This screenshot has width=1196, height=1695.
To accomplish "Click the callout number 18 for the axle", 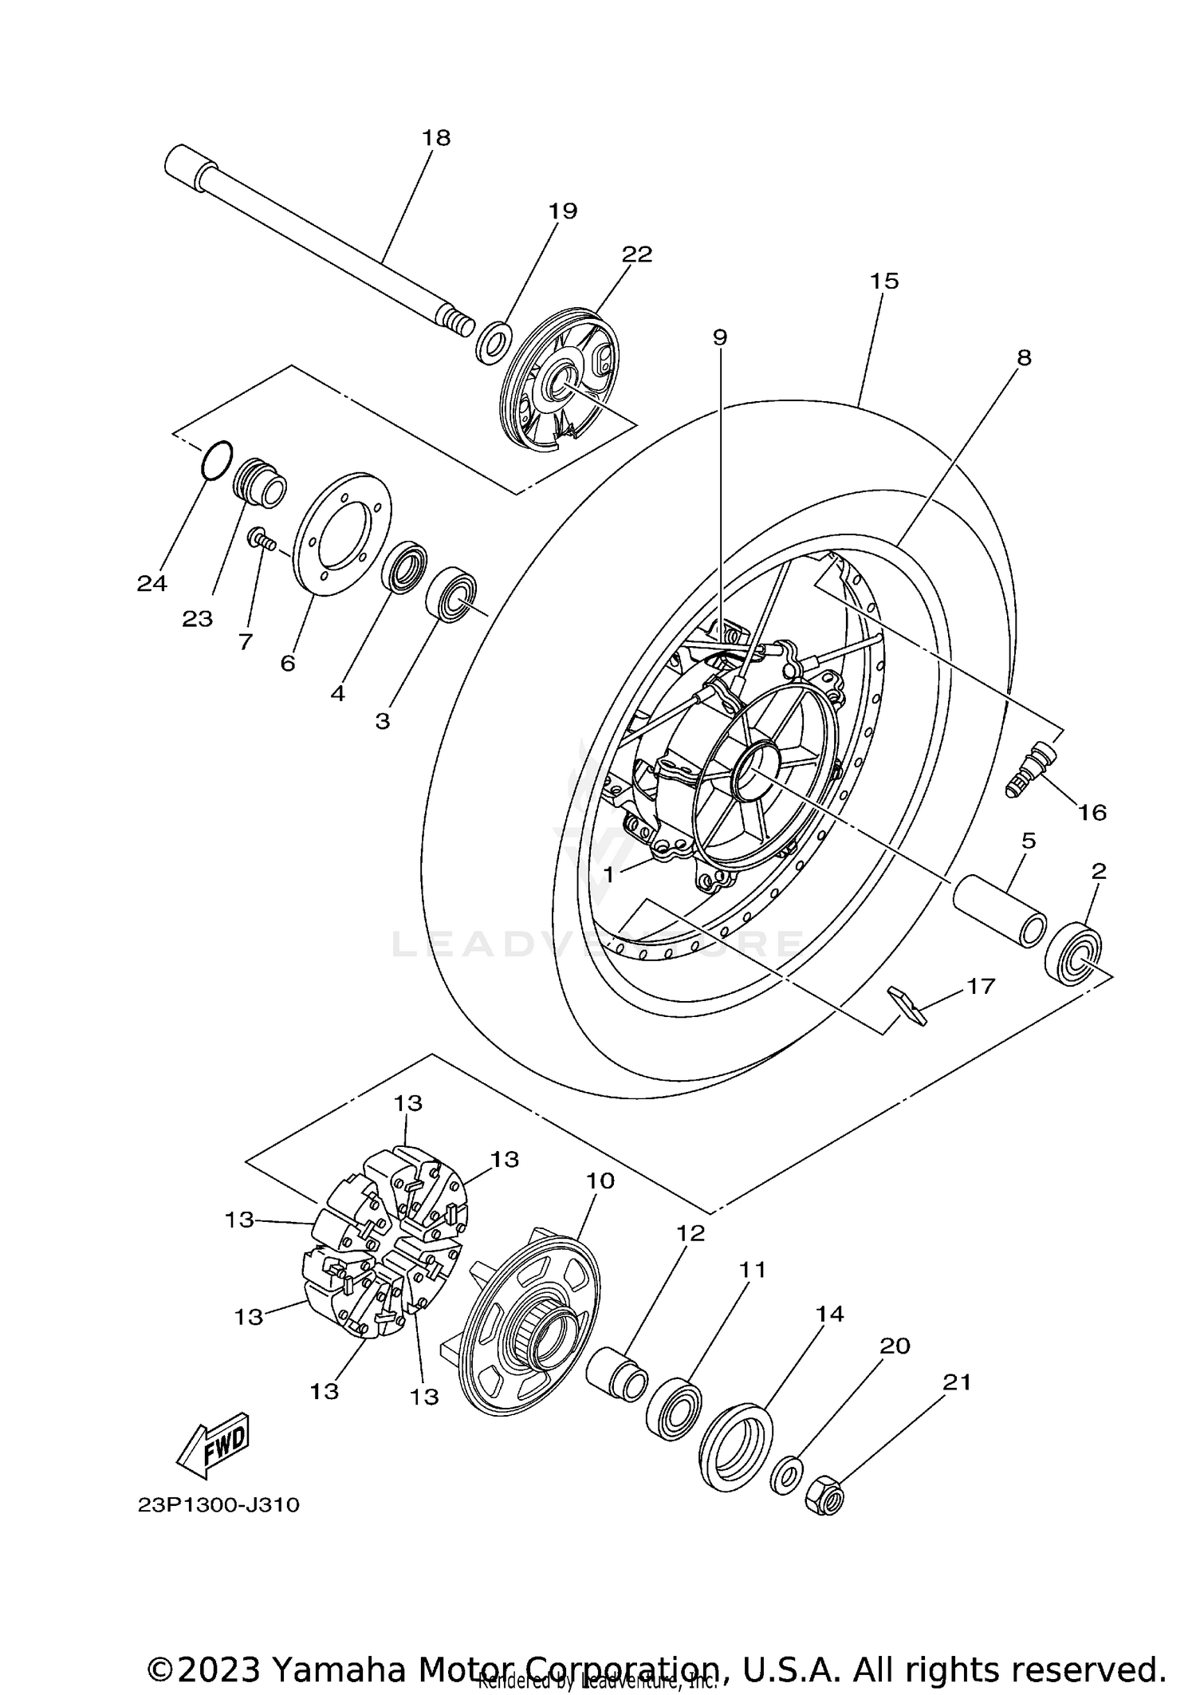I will (436, 138).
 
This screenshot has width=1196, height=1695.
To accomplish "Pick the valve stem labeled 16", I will (1029, 767).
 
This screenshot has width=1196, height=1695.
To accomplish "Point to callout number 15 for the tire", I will (884, 281).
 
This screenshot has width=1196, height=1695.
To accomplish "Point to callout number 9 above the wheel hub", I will (720, 337).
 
